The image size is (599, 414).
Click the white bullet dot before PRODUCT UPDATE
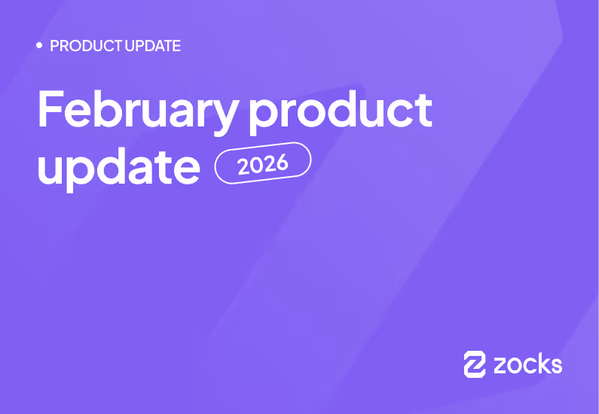click(39, 46)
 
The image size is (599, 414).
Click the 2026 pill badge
click(263, 163)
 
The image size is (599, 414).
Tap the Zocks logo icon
click(475, 364)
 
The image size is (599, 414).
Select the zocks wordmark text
click(527, 364)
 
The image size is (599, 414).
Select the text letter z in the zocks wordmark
click(501, 366)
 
